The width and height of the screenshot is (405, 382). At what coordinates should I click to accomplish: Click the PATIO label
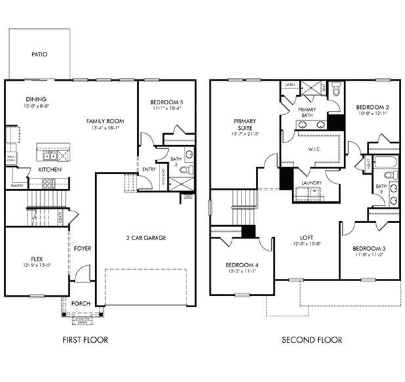[39, 55]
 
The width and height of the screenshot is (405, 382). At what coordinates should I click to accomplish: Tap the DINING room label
[36, 99]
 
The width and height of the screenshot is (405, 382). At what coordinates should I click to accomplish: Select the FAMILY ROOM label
[106, 121]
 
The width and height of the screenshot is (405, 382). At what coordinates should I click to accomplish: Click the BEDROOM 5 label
[167, 102]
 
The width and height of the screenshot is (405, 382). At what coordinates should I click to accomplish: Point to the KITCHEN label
[50, 169]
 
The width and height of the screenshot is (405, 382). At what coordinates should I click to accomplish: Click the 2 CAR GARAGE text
[146, 237]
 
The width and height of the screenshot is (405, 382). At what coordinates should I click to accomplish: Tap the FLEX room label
[36, 258]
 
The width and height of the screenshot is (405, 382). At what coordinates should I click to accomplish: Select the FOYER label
[82, 248]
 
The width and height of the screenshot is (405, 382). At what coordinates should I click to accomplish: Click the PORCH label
[81, 303]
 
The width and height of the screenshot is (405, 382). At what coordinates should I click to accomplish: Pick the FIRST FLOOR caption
[85, 339]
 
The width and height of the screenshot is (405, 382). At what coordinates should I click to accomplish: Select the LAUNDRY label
[310, 182]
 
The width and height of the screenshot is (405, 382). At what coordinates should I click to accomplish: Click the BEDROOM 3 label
[368, 248]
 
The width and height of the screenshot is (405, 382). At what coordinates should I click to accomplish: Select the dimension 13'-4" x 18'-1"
[106, 129]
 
